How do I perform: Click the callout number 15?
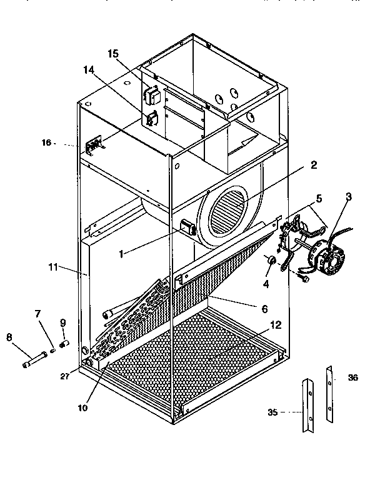tap(113, 54)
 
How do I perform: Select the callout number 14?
tap(89, 70)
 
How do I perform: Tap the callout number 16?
tap(46, 142)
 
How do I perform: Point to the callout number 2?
tap(314, 165)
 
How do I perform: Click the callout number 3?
tap(349, 196)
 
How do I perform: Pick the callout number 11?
tap(53, 267)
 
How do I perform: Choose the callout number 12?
tap(276, 325)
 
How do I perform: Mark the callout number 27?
tap(65, 376)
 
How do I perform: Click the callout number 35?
tap(272, 412)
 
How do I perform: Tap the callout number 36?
tap(352, 377)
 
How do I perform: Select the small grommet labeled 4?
tap(271, 260)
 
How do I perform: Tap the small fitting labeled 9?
tap(65, 344)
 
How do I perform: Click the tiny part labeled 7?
tap(52, 349)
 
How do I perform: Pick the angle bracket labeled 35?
tap(308, 405)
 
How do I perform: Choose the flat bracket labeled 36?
tap(329, 394)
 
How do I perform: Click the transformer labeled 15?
tap(153, 96)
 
